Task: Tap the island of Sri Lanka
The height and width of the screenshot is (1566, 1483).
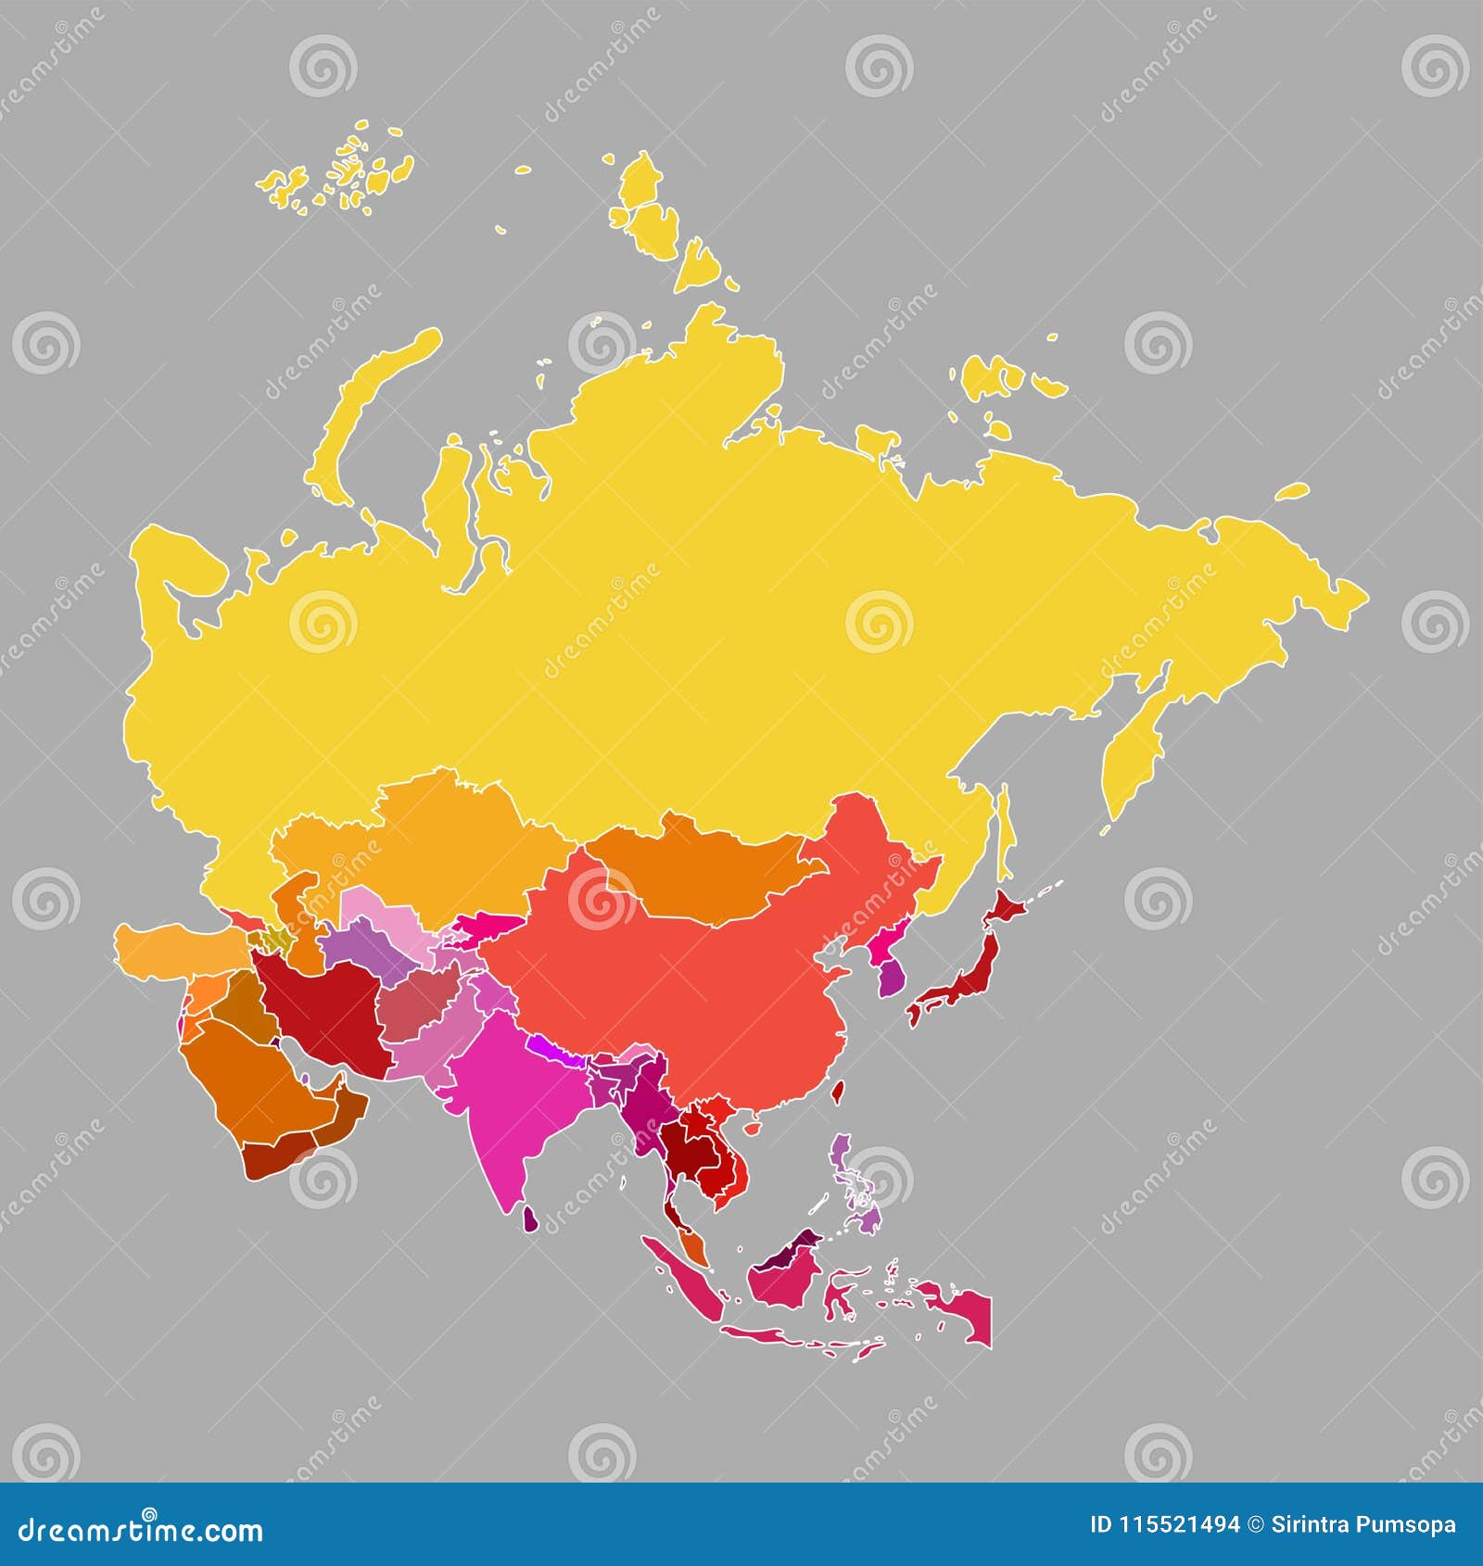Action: [530, 1219]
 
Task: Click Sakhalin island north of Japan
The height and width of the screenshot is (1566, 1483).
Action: [1006, 834]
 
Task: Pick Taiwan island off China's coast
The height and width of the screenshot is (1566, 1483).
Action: [837, 1093]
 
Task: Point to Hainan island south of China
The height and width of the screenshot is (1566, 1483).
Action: [753, 1128]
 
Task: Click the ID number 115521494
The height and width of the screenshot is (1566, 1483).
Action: [1164, 1524]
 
